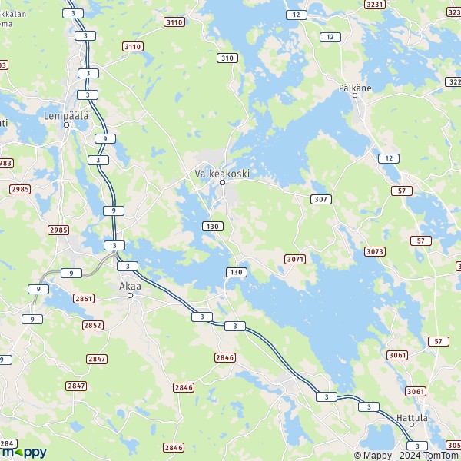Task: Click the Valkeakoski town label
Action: coord(222,174)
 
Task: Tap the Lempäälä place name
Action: coord(66,116)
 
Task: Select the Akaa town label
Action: coord(130,286)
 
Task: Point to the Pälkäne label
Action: coord(355,88)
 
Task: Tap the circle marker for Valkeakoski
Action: coord(222,183)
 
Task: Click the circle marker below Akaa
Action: coord(130,295)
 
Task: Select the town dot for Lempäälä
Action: coord(66,125)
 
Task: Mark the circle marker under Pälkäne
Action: coord(355,98)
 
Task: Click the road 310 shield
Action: coord(227,58)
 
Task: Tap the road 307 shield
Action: coord(321,199)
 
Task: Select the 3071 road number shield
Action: coord(295,260)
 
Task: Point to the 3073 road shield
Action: coord(375,252)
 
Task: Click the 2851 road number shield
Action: coord(85,299)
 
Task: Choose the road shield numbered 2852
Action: coord(92,326)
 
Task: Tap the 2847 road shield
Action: coord(97,359)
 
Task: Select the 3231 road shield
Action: coord(375,5)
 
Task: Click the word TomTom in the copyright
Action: coord(440,453)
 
